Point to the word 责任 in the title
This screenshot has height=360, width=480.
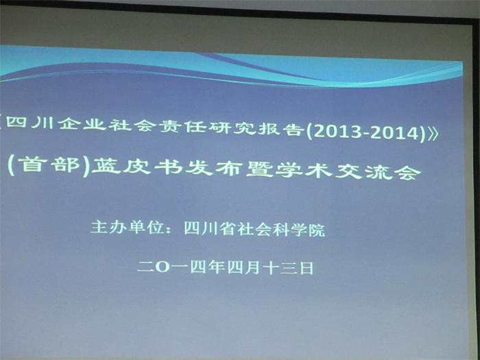pyautogui.click(x=184, y=126)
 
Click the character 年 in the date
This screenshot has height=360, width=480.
pyautogui.click(x=217, y=267)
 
